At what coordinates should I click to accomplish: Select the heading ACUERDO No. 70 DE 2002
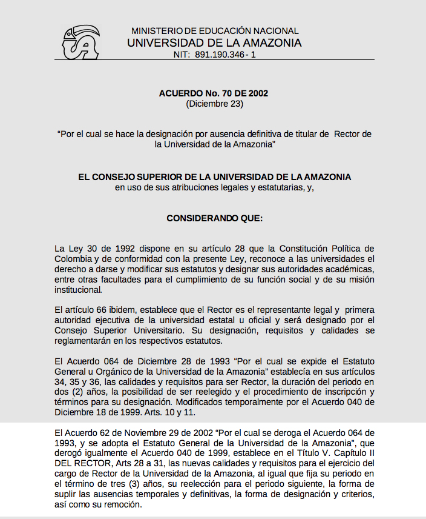(x=214, y=93)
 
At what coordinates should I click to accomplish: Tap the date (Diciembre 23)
(x=214, y=104)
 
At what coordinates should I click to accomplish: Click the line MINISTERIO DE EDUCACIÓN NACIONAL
(x=215, y=31)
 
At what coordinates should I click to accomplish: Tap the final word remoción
(x=121, y=504)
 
